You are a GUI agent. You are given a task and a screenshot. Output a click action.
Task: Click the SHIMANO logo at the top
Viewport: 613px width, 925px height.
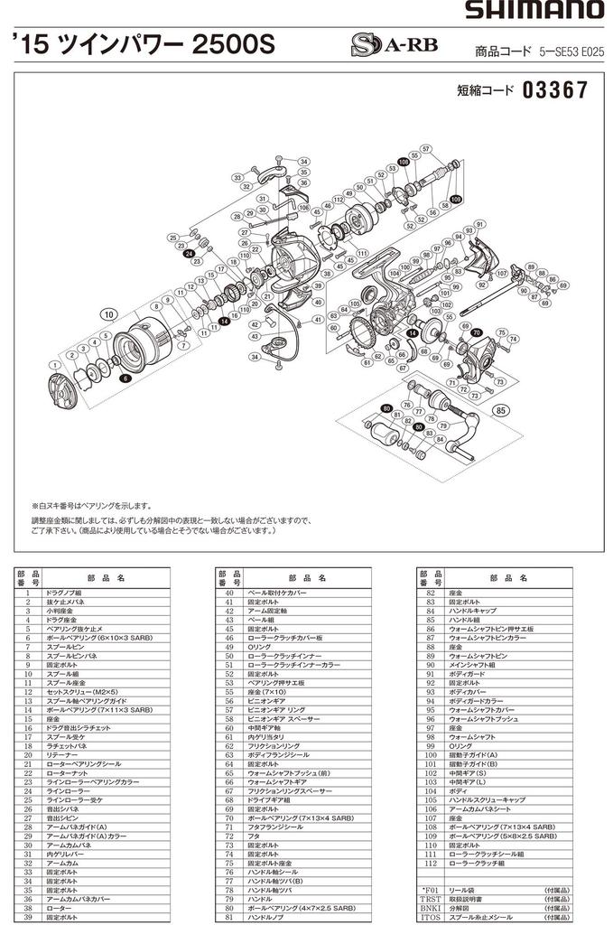[535, 11]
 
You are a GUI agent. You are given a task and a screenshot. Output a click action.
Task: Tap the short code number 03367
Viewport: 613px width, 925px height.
[554, 91]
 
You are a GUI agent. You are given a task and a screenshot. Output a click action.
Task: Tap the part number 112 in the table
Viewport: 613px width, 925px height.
[431, 863]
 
